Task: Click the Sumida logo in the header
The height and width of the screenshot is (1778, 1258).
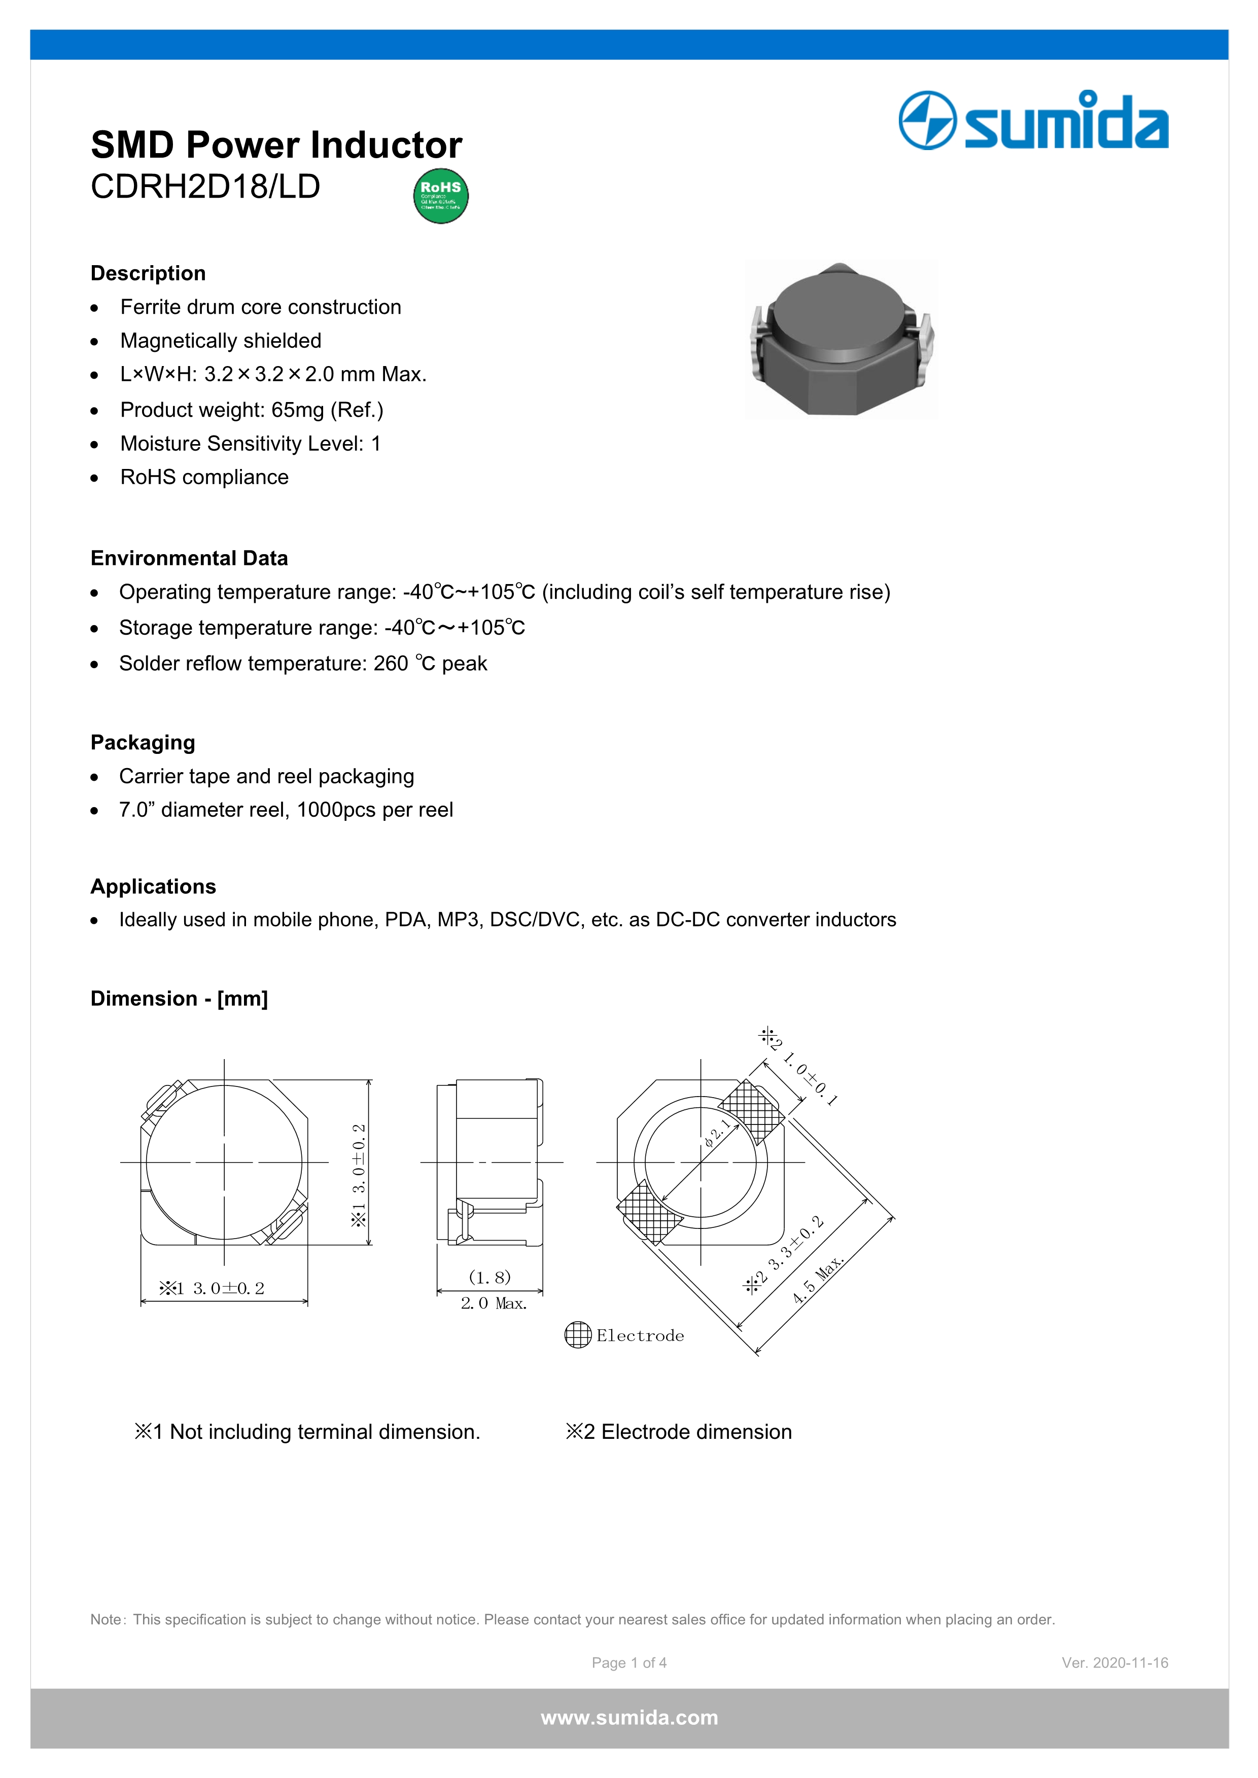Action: point(1033,121)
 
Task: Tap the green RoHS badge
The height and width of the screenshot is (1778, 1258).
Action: point(441,196)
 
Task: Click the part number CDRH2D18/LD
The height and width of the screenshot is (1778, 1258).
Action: point(205,187)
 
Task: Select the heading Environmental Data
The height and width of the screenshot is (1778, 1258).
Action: point(189,558)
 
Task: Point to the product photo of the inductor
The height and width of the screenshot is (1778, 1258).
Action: point(841,339)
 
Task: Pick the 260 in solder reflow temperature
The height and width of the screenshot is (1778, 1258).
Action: point(391,664)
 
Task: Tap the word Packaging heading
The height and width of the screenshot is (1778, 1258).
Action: point(143,743)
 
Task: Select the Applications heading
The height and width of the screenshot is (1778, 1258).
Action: point(153,887)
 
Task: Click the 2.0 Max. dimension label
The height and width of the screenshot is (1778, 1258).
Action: point(494,1304)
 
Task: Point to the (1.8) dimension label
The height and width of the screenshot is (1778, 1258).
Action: point(490,1277)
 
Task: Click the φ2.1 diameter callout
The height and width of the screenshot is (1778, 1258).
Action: point(717,1134)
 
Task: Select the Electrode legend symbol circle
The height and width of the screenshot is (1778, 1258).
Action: point(578,1335)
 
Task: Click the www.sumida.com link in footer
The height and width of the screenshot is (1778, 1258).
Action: point(629,1718)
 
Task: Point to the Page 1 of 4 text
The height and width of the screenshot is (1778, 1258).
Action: point(629,1662)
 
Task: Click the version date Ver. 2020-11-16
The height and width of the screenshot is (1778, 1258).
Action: point(1114,1662)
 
